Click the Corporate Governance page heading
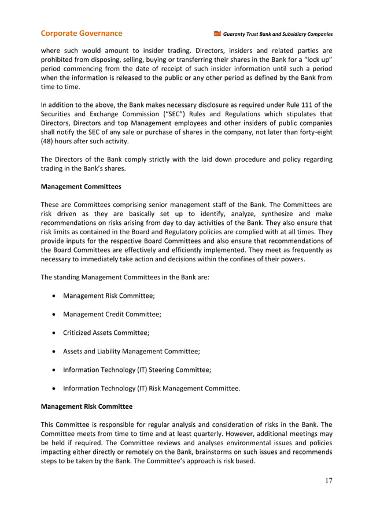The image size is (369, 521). point(81,34)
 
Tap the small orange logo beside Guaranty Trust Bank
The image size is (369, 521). point(217,34)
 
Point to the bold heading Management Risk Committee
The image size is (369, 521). point(86,407)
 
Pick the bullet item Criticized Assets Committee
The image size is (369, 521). point(106,332)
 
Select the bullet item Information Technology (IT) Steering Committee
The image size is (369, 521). point(137,369)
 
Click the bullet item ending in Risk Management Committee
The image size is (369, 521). point(152,388)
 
